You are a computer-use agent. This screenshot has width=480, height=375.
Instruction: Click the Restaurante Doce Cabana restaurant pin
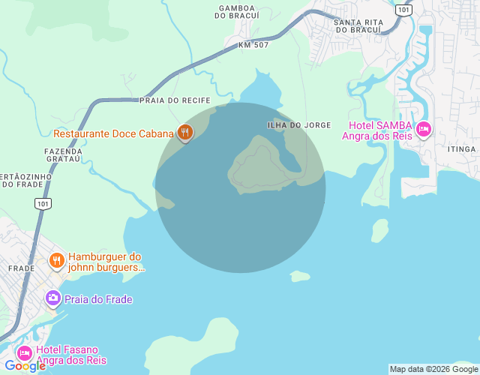point(185,133)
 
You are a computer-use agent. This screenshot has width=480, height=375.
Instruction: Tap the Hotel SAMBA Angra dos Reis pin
point(424,130)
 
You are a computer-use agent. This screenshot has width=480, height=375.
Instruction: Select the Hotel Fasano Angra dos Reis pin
point(25,352)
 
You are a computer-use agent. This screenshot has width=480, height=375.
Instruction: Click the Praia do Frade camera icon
point(52,298)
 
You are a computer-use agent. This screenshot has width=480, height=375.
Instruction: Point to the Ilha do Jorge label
point(298,124)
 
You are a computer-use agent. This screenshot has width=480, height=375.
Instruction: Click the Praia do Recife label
point(175,100)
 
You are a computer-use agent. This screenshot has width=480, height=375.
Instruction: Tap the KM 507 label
point(253,45)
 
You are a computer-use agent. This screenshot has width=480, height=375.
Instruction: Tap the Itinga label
point(461,149)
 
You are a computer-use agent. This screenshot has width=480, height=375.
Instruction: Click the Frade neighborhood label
point(21,268)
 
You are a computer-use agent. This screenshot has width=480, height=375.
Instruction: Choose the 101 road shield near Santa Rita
point(405,10)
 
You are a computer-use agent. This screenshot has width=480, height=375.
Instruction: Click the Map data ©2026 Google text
point(433,369)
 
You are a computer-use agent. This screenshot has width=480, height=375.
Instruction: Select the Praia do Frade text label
point(98,299)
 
